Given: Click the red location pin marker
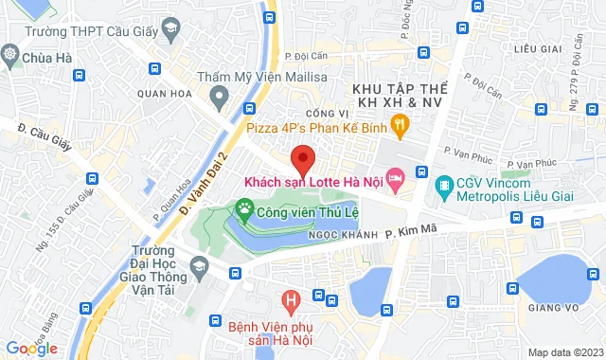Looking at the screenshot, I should point(302,158).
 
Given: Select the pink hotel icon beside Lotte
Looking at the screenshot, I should point(396,178).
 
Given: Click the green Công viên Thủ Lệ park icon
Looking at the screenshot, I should point(245,207).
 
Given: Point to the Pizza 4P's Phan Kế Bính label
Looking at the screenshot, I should point(317,124).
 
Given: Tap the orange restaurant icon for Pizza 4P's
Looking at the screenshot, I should point(401,122).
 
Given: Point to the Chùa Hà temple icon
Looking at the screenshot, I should point(12,56).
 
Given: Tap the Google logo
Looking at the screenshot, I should point(31,347).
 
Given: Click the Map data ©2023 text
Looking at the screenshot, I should point(564,352).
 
